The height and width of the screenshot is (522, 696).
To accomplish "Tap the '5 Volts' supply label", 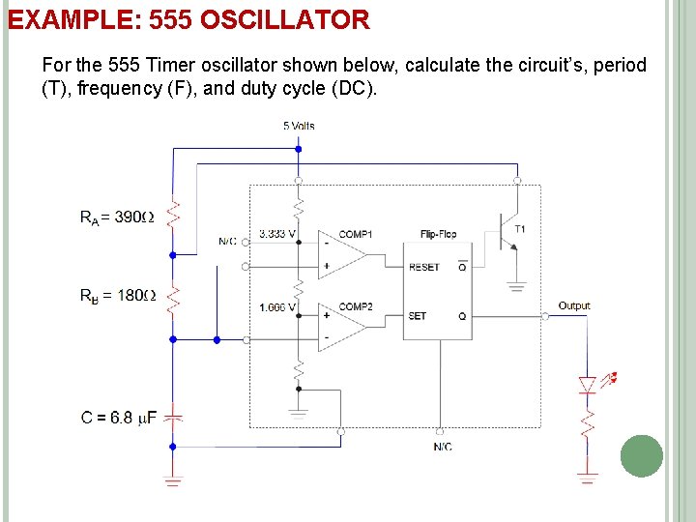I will coord(299,126).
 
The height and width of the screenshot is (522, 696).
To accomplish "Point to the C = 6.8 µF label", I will coord(119,418).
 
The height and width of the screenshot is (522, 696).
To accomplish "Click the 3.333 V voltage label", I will coord(277,234).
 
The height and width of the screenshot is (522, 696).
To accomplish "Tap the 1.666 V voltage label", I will coord(277,307).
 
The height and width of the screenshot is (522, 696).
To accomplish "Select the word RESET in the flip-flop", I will coord(423,267).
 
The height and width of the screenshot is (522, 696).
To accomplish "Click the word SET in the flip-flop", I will coord(418,316).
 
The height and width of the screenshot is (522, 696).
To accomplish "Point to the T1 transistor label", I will coord(520,229).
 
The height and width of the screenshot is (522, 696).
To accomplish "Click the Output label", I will coord(574,305).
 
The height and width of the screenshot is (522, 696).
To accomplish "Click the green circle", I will coord(641,456).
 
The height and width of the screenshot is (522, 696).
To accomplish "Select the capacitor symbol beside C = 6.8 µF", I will coord(173,417).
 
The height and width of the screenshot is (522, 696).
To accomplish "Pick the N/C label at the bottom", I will coord(442,447).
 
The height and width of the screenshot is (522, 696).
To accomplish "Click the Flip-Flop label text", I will coord(438,234).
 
